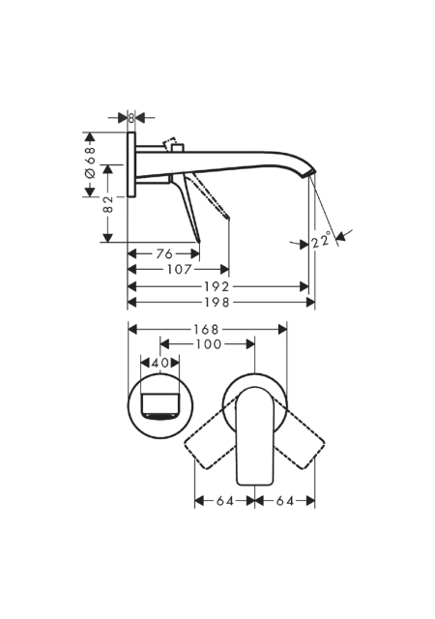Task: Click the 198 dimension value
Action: (x=217, y=303)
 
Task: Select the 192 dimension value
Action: (x=217, y=286)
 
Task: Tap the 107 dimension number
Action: (x=179, y=270)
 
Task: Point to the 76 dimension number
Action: (x=164, y=253)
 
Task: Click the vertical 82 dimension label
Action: (x=107, y=204)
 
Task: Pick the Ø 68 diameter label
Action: (x=91, y=162)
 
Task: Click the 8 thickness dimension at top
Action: (x=131, y=118)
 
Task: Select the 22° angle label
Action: (x=321, y=241)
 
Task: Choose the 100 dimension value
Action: (x=209, y=344)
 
